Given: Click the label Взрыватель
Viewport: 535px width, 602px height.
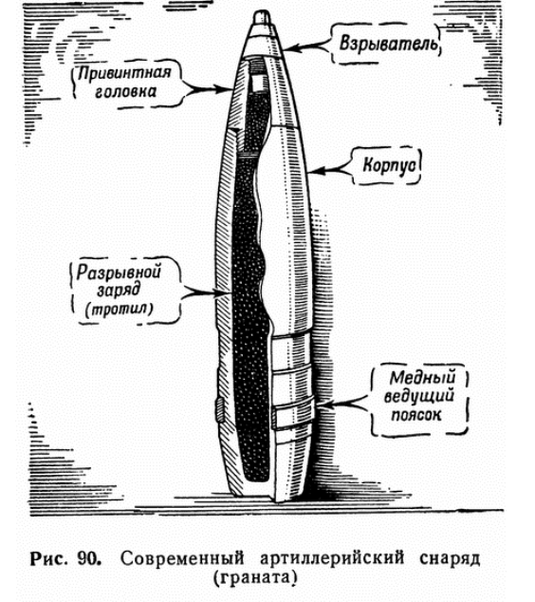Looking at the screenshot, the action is [388, 43].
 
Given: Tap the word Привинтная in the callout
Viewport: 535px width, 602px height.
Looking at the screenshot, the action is [124, 73].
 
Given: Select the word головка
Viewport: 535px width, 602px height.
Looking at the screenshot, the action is [125, 92].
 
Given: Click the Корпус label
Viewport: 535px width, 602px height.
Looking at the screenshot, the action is [389, 166].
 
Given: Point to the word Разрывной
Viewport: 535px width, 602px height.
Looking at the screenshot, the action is [119, 272].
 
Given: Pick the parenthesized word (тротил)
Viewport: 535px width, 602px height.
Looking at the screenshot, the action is [119, 309].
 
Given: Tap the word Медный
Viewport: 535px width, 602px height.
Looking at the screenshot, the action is [422, 378].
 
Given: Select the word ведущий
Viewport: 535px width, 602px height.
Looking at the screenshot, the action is [419, 396].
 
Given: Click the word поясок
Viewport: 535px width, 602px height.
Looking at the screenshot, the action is [416, 415].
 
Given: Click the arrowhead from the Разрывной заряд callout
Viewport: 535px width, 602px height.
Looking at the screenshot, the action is [223, 293].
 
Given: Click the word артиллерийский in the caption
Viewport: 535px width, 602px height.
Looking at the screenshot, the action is [332, 558].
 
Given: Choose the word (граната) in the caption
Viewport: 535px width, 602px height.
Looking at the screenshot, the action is [255, 579].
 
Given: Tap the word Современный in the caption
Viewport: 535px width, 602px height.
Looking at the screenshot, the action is [182, 559].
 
